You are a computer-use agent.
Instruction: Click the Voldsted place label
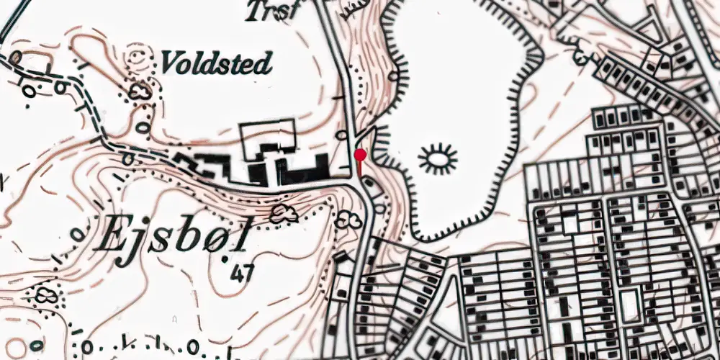pyautogui.click(x=215, y=63)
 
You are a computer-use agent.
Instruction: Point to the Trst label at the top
pyautogui.click(x=271, y=11)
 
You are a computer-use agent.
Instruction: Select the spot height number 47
pyautogui.click(x=243, y=274)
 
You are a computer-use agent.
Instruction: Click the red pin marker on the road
pyautogui.click(x=360, y=155)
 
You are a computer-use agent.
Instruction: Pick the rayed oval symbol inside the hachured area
pyautogui.click(x=437, y=158)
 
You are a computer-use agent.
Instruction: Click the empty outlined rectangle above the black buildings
pyautogui.click(x=268, y=138)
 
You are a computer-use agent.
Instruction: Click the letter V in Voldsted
pyautogui.click(x=170, y=63)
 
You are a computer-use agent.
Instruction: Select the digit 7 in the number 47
pyautogui.click(x=248, y=274)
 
